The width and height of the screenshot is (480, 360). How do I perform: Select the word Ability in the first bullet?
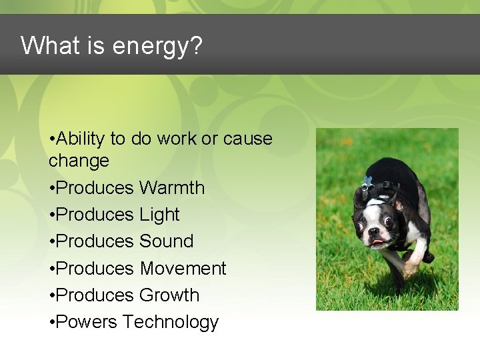[81, 139]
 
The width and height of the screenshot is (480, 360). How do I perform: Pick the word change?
[79, 161]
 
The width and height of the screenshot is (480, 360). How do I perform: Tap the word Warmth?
[172, 188]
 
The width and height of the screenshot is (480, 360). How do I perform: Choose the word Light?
[159, 215]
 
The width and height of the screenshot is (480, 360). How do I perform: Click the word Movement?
[183, 268]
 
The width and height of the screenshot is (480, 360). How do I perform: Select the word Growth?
[169, 295]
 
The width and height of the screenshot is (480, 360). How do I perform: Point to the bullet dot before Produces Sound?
[52, 242]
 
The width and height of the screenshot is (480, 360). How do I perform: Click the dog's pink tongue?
[378, 241]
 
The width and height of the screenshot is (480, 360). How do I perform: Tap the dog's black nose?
[373, 230]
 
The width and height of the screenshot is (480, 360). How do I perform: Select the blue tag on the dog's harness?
[367, 181]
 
